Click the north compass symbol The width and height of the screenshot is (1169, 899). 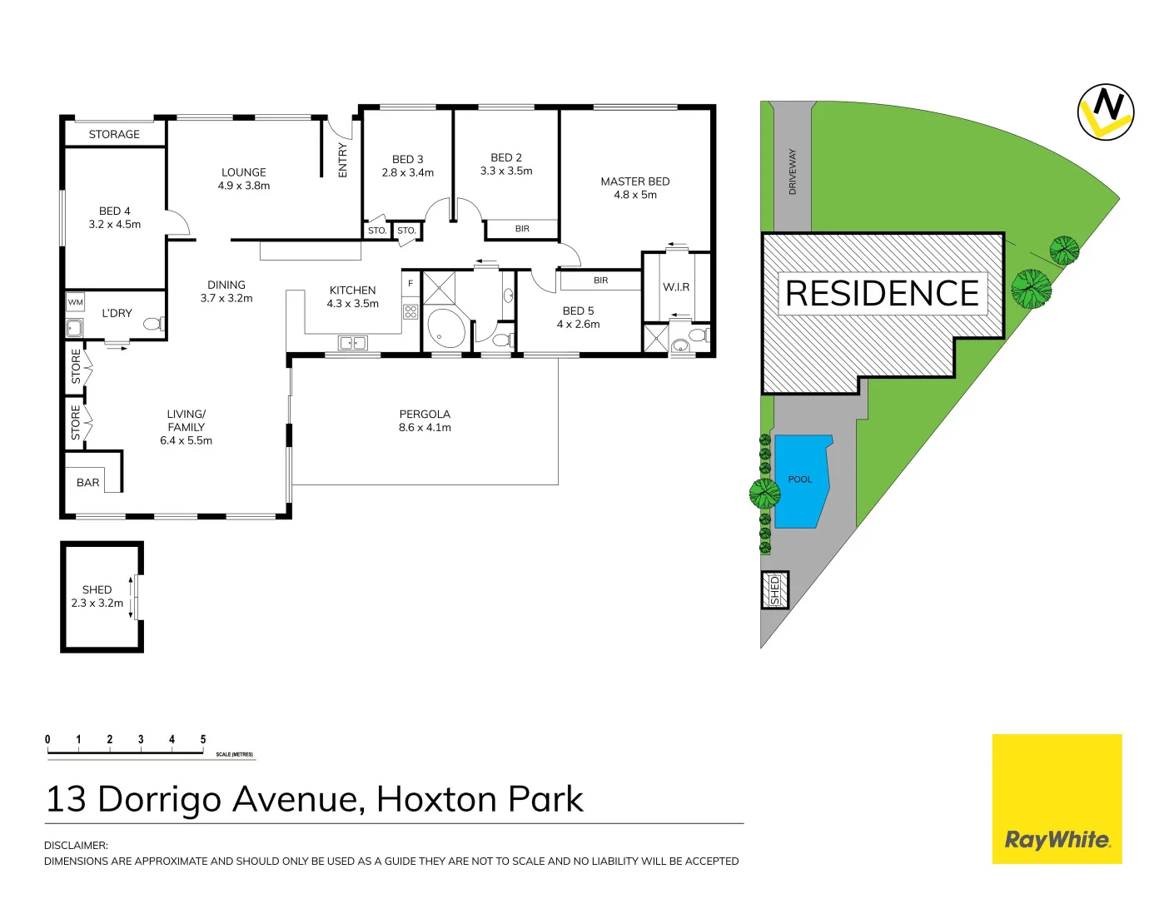(x=1105, y=112)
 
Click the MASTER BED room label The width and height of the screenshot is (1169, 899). (x=634, y=188)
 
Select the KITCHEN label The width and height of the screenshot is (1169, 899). (x=352, y=291)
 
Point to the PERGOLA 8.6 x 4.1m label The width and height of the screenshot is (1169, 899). (x=425, y=420)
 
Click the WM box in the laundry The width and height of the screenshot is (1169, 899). (x=76, y=302)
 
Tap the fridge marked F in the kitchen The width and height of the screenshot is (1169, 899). (x=410, y=284)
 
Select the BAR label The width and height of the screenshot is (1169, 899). (x=87, y=483)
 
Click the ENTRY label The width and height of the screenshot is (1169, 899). (x=342, y=160)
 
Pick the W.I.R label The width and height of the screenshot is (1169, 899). (x=676, y=287)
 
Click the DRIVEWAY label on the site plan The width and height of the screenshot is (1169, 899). (x=793, y=171)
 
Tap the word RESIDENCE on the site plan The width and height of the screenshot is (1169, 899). (x=883, y=294)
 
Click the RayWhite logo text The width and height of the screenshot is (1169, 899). (x=1057, y=839)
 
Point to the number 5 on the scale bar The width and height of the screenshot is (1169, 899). (x=203, y=739)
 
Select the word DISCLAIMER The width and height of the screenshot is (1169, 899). (x=76, y=845)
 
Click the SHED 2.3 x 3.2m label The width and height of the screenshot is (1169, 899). (x=97, y=596)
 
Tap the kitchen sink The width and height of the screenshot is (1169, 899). (x=353, y=343)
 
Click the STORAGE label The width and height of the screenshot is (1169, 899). (x=114, y=134)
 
